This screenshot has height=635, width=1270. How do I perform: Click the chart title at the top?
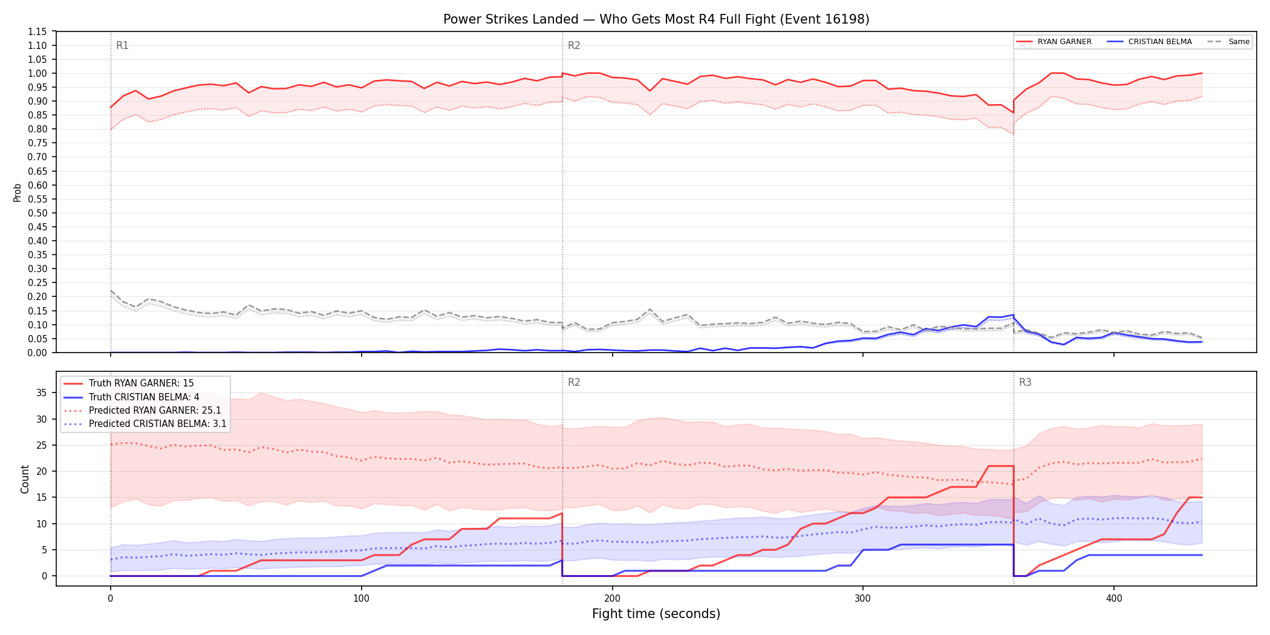coord(656,19)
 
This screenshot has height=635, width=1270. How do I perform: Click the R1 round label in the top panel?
coord(122,45)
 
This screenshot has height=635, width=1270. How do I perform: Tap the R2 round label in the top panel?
coord(574,45)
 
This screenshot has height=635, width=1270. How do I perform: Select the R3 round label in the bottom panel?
coord(1025,382)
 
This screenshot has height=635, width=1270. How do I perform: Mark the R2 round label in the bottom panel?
coord(574,382)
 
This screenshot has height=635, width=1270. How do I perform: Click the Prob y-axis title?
coord(18,192)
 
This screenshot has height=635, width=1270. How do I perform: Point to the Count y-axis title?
coord(25,479)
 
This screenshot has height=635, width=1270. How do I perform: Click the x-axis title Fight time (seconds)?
coord(656,614)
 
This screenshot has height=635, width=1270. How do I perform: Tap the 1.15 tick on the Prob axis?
coord(37,31)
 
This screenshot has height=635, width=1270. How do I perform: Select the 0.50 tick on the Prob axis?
coord(37,213)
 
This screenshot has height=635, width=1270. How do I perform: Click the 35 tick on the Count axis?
coord(41,392)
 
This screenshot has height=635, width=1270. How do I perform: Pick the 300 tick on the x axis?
coord(863,599)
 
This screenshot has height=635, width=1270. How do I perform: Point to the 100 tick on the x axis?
coord(361,599)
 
